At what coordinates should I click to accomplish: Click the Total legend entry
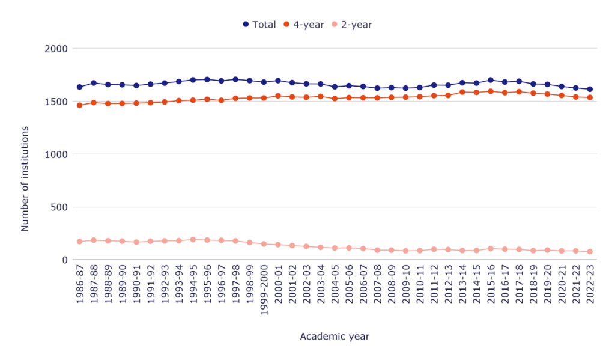(x=259, y=25)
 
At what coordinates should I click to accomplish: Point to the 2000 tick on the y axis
(x=56, y=48)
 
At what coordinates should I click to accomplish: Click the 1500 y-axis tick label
(x=56, y=101)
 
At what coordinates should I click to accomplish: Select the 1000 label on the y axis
(x=56, y=154)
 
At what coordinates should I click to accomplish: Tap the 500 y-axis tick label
(x=59, y=207)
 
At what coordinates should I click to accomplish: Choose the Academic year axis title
(x=335, y=337)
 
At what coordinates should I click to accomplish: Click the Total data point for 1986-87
(x=79, y=87)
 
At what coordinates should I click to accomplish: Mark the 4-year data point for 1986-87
(x=79, y=105)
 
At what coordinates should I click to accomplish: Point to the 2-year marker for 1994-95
(x=193, y=240)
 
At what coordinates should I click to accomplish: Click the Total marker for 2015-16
(x=491, y=80)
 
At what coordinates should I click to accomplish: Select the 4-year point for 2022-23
(x=590, y=97)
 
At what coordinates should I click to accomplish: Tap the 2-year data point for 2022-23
(x=590, y=252)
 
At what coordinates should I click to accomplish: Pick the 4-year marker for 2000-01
(x=278, y=96)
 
